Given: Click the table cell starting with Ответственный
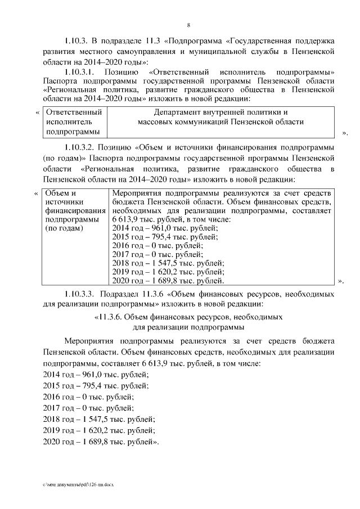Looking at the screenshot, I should coord(73,121).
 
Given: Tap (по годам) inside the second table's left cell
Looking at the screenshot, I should coord(64,229).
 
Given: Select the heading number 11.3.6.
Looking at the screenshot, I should coord(113,317).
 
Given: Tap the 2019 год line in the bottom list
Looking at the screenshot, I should coord(98,430).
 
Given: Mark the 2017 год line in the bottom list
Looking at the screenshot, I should coord(89,408).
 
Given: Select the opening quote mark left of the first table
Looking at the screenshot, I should coord(38,112).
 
